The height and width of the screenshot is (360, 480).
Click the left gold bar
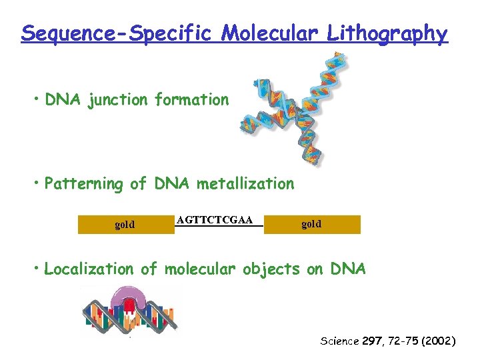click(125, 225)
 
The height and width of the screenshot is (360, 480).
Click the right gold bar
click(311, 224)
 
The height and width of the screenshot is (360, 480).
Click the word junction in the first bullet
click(118, 100)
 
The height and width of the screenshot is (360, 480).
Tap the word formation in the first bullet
click(191, 100)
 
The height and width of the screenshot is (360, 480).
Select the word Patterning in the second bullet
click(83, 184)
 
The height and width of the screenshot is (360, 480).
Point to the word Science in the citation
click(339, 341)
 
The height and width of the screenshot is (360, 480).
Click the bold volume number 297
click(371, 341)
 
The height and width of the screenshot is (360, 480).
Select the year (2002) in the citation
click(437, 341)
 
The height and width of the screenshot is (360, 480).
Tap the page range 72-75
click(403, 341)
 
